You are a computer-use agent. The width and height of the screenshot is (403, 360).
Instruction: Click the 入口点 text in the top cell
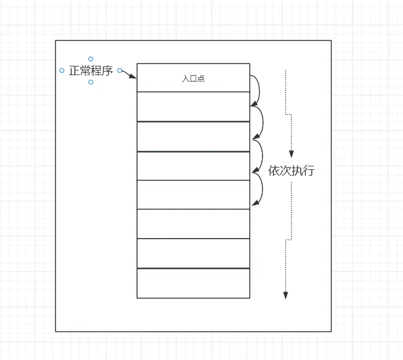tap(193, 79)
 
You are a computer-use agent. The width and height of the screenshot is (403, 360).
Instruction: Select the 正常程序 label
tap(91, 71)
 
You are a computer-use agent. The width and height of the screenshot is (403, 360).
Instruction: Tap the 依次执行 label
tap(291, 171)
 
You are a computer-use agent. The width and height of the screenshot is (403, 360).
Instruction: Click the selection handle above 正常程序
tap(91, 59)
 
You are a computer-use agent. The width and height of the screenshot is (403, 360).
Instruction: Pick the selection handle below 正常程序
tap(91, 82)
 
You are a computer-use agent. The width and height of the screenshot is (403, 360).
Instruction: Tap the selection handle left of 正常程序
tap(62, 70)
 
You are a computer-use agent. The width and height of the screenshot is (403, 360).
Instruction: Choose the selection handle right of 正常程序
tap(120, 70)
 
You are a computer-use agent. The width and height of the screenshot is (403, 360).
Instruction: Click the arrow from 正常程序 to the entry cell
tap(130, 75)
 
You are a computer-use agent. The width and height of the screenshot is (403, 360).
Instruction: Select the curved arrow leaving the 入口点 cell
tap(258, 90)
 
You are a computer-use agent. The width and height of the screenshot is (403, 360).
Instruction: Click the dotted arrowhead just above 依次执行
tap(291, 154)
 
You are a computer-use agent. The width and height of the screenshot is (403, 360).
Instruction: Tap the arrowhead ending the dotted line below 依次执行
tap(285, 295)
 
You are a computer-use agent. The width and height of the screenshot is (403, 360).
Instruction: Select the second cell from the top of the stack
tap(193, 106)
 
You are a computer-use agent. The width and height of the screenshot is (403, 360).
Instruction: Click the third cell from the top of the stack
tap(193, 136)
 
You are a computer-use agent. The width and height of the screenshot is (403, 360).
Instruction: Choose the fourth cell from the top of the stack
tap(193, 166)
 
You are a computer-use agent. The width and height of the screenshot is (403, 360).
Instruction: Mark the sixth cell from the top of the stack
tap(193, 224)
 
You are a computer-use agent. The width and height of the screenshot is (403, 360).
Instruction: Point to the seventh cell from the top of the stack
tap(193, 254)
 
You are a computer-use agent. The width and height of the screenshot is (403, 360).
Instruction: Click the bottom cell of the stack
tap(193, 283)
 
